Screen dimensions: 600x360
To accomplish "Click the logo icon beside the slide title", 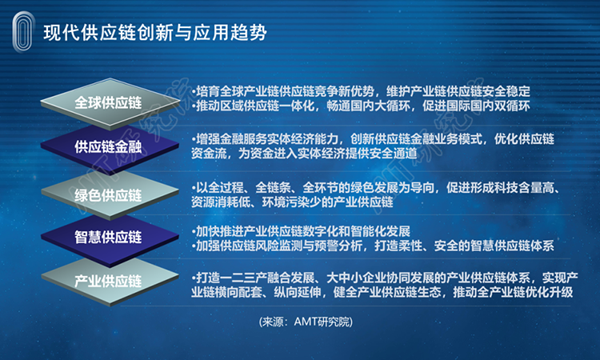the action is [x=23, y=32].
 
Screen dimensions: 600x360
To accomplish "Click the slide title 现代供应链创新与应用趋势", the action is [x=155, y=32].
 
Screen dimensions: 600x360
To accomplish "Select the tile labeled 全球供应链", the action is [x=110, y=103].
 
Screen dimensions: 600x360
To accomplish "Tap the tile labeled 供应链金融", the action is [x=110, y=147].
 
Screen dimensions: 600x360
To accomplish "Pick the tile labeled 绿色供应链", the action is [x=110, y=195].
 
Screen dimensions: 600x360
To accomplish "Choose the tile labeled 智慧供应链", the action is [x=110, y=238].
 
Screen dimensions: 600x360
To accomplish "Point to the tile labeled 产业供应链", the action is [x=110, y=281].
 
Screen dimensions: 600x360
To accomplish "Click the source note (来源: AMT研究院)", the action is [x=306, y=322].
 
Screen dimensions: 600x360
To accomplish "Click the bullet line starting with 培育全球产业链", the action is [x=361, y=91].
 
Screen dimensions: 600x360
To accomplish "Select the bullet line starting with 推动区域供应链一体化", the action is [x=361, y=106].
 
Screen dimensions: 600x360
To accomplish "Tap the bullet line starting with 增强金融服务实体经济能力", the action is [x=373, y=139].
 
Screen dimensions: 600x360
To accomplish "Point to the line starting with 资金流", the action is [x=304, y=154].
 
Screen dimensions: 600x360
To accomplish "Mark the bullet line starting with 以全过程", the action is [x=376, y=187].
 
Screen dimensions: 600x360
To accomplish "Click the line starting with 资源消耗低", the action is [x=292, y=202].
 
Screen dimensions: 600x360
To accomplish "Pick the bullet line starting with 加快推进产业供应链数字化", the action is [x=301, y=231].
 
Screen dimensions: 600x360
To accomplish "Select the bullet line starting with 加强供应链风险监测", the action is [x=373, y=246].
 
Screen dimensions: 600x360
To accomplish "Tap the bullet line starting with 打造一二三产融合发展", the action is [x=385, y=278].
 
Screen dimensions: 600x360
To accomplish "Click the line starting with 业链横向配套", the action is [x=382, y=292].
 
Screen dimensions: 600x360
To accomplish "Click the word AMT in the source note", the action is [x=306, y=322].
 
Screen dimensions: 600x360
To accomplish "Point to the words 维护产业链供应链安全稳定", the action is [x=458, y=91].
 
